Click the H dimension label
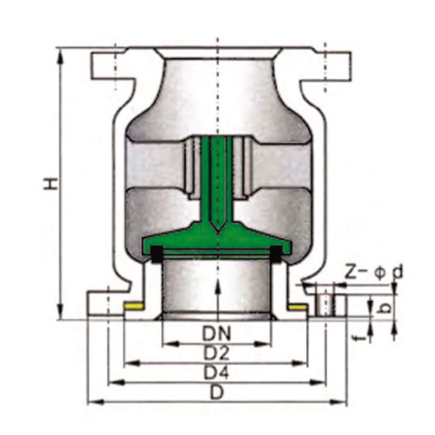pyautogui.click(x=51, y=184)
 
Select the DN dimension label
pyautogui.click(x=216, y=334)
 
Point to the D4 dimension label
pyautogui.click(x=216, y=372)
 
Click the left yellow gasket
pyautogui.click(x=134, y=306)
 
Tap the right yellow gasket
pyautogui.click(x=298, y=307)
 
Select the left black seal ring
pyautogui.click(x=157, y=253)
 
